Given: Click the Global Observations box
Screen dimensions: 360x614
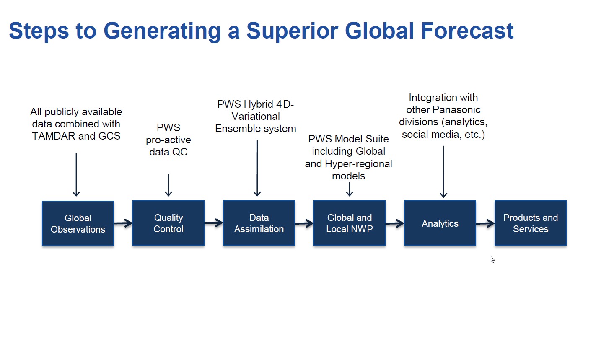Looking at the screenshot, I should tap(78, 223).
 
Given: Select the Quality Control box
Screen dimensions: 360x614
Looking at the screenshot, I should tap(168, 223).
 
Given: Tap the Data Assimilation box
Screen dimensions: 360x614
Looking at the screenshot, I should tap(259, 223).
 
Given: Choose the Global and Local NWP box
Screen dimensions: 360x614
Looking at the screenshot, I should tap(350, 223).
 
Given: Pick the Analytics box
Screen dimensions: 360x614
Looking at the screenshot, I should tap(440, 223).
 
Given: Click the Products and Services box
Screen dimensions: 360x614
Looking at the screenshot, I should tap(531, 223).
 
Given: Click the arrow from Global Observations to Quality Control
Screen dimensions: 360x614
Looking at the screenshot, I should tap(123, 223).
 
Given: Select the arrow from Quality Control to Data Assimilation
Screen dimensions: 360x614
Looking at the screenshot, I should tap(214, 223).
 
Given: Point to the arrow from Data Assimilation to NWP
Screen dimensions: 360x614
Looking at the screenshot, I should tap(304, 223).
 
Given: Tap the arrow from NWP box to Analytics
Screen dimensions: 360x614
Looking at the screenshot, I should tap(395, 223).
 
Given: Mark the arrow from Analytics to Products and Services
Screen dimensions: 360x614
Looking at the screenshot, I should tap(485, 223).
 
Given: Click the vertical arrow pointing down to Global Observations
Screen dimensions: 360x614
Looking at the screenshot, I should tap(76, 174).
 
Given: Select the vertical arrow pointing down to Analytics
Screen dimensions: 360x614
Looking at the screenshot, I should tap(443, 171).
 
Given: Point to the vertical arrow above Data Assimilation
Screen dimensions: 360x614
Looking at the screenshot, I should tap(257, 168).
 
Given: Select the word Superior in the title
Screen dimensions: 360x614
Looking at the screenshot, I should tap(292, 31).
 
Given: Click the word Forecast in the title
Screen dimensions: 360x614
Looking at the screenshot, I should tap(467, 31).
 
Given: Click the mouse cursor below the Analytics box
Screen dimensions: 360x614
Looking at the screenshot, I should tap(492, 259).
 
